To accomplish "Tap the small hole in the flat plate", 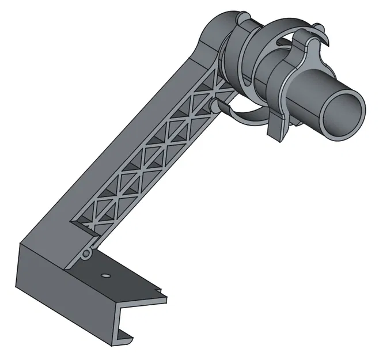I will click(105, 275).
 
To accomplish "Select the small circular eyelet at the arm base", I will click(86, 253).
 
